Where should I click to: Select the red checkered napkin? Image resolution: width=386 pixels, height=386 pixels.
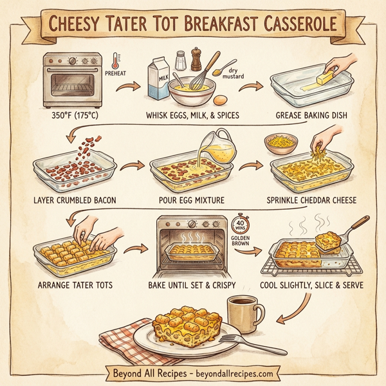click(125, 338)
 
